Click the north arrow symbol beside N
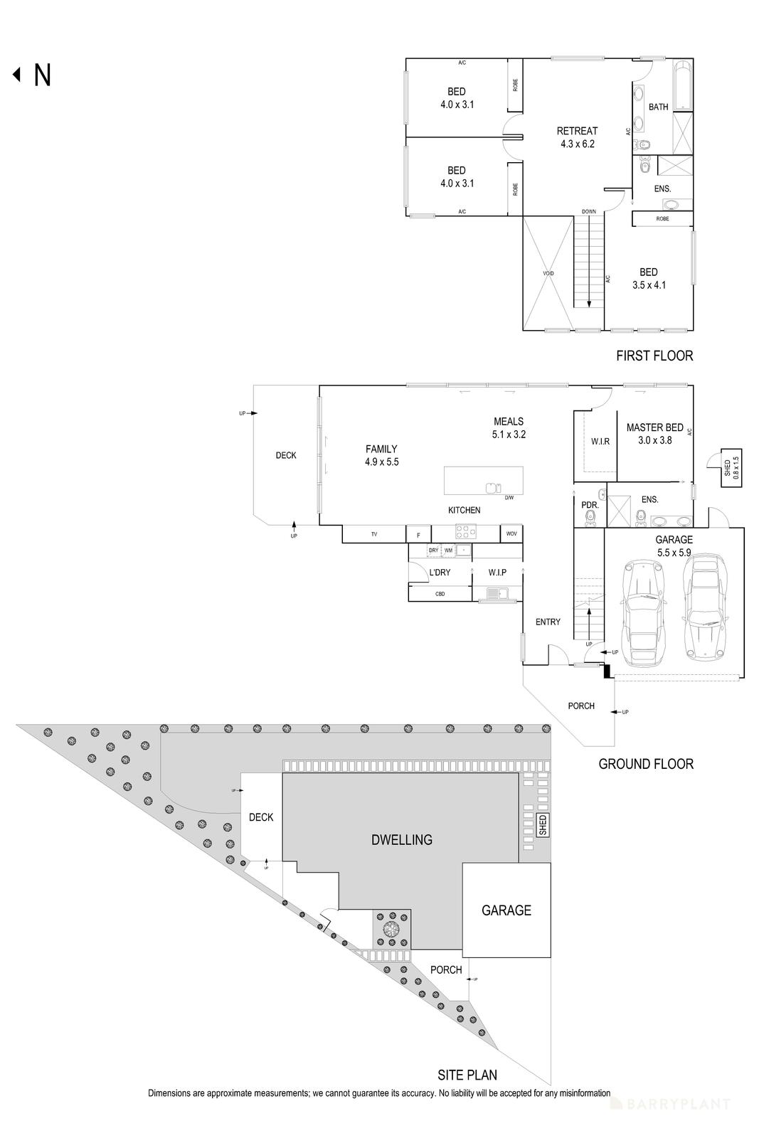point(16,75)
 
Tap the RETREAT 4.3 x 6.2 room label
point(577,137)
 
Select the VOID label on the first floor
point(548,274)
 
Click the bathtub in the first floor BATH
point(683,86)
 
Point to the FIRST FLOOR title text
point(654,356)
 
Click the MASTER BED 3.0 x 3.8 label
point(654,434)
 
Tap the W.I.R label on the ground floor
point(600,442)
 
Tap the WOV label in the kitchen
point(511,534)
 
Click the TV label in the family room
point(373,534)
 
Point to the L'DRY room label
point(440,573)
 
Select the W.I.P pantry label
point(497,573)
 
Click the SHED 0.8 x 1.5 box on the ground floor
point(731,467)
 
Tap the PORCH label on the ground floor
point(581,706)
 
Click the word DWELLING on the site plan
point(402,839)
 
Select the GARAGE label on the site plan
point(506,910)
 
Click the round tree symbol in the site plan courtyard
point(391,929)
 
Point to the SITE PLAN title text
point(467,1075)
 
